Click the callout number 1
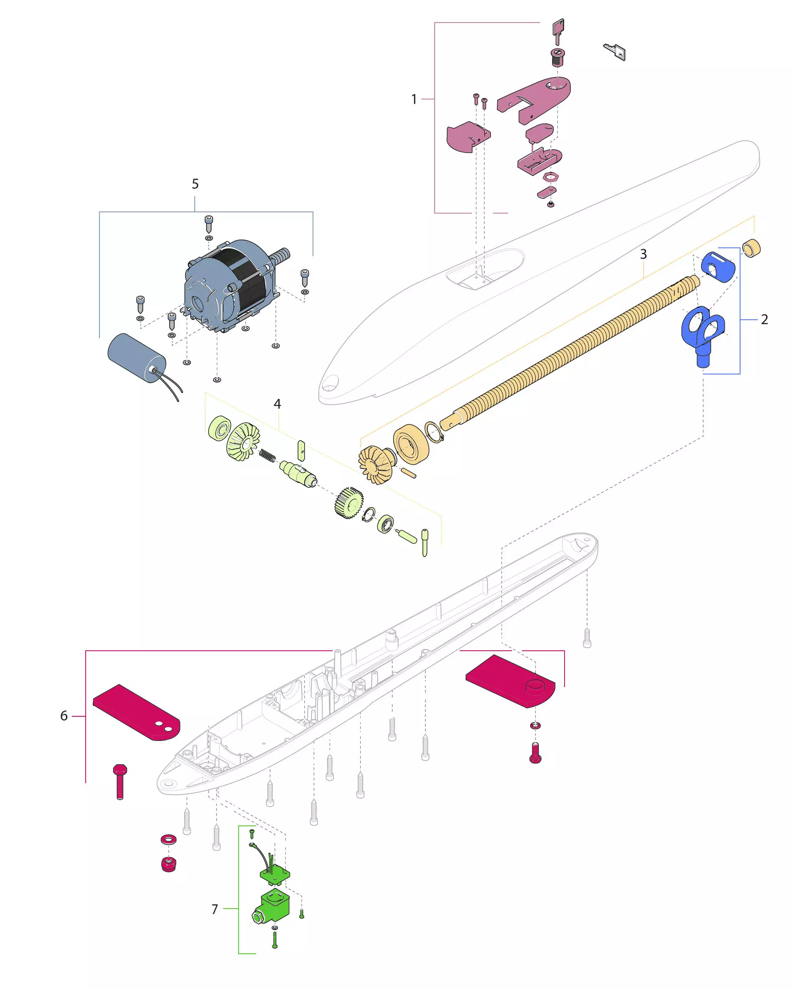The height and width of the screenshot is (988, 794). tap(414, 99)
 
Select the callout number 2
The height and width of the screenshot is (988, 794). tap(764, 319)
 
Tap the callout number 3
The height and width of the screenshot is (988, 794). tap(643, 254)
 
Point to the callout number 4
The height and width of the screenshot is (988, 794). tap(277, 404)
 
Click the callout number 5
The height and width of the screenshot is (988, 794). tap(195, 184)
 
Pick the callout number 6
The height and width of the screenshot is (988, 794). tap(64, 716)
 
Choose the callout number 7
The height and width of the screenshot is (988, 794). tap(214, 909)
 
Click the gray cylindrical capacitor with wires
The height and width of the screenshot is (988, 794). tap(137, 358)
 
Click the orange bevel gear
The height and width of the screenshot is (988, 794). tap(375, 465)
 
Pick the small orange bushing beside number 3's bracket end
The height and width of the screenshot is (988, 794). tap(751, 248)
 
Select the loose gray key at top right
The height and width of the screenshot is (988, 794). tap(615, 51)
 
